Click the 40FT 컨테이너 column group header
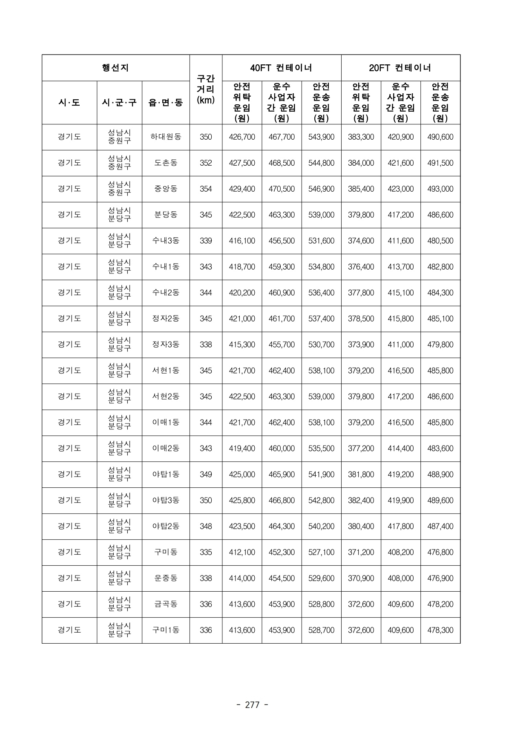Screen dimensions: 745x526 tap(281, 68)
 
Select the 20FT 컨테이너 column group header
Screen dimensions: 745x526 tap(400, 68)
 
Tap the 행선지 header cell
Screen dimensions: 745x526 tap(115, 68)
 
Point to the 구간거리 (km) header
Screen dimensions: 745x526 tap(206, 89)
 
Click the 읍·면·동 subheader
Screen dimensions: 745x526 tap(166, 103)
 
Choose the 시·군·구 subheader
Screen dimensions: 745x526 tap(119, 103)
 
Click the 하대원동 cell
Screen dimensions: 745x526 tap(166, 137)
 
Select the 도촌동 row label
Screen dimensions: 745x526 tap(166, 163)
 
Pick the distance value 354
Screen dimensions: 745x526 tap(206, 189)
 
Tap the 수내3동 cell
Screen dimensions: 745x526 tap(166, 241)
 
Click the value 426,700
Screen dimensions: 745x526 tap(242, 137)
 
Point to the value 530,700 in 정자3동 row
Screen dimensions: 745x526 tap(321, 345)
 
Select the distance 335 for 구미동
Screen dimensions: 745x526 tap(206, 552)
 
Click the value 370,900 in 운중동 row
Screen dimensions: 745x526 tap(361, 578)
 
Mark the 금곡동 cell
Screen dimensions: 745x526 tap(166, 604)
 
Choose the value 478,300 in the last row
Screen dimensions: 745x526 tap(440, 630)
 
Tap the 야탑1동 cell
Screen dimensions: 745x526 tap(166, 474)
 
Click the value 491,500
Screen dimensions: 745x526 tap(440, 163)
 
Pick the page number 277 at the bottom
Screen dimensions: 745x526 tap(252, 705)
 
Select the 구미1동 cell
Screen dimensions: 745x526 tap(166, 630)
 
